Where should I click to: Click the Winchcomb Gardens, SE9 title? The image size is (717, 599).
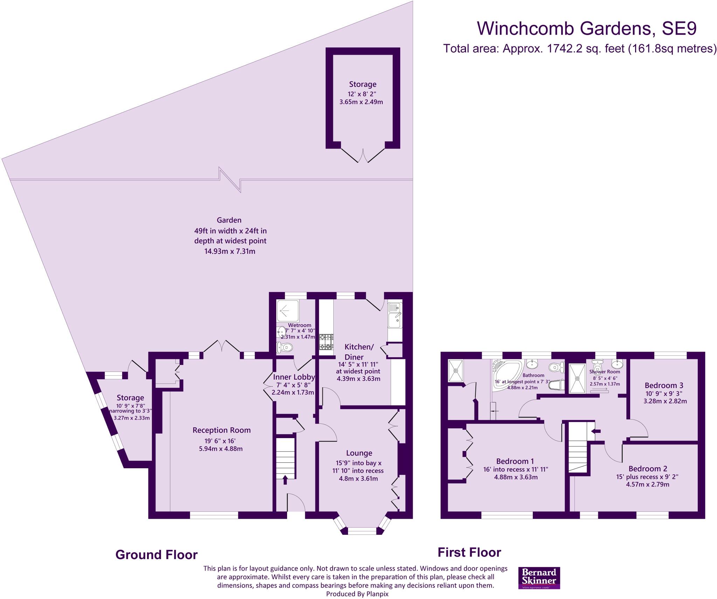(x=587, y=28)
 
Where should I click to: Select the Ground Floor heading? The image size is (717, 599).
(x=156, y=555)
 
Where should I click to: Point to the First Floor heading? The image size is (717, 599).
(x=469, y=552)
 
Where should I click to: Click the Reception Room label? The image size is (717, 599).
(x=222, y=430)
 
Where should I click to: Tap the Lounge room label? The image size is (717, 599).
(x=359, y=453)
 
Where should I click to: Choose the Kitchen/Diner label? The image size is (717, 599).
(x=359, y=352)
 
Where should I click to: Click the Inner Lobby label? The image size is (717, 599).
(x=294, y=377)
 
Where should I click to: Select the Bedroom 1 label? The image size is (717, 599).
(x=515, y=461)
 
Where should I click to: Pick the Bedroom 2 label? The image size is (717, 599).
(x=648, y=469)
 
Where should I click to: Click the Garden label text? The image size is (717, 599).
(x=229, y=220)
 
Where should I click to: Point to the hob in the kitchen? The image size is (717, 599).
(x=326, y=342)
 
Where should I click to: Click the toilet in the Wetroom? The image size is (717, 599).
(x=284, y=348)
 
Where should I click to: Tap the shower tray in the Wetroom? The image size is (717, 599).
(x=288, y=310)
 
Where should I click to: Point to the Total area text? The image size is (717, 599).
(x=579, y=48)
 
